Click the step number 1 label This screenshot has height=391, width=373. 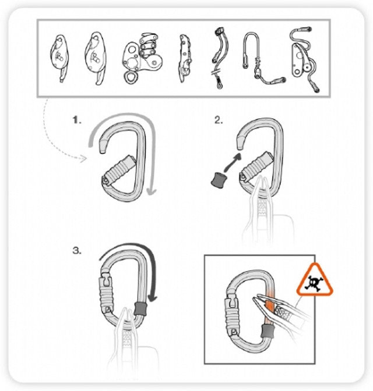click(x=77, y=120)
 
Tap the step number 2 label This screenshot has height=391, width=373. click(x=219, y=120)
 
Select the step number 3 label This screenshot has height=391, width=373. click(x=77, y=250)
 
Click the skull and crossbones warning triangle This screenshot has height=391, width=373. click(x=315, y=280)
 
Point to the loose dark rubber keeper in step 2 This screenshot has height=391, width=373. click(x=217, y=180)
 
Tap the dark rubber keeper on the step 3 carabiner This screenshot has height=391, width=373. click(x=140, y=309)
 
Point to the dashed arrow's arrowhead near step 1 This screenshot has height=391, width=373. click(x=84, y=159)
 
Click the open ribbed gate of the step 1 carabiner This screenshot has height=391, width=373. click(x=119, y=170)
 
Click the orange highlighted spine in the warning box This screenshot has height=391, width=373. click(x=269, y=307)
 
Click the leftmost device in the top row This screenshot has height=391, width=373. click(x=59, y=58)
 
